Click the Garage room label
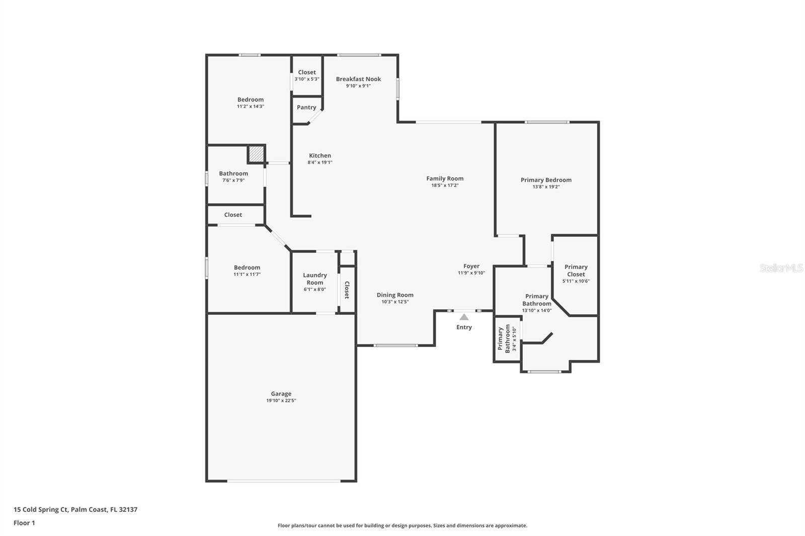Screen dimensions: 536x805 click(x=281, y=394)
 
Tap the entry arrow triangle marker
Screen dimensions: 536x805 click(x=464, y=317)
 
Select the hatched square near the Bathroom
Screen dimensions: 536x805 click(x=256, y=154)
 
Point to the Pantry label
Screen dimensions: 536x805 click(x=306, y=107)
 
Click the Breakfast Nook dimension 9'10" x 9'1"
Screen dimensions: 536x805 click(x=358, y=86)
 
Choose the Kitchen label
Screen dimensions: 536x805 click(x=320, y=155)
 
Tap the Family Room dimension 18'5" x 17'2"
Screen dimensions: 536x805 click(x=445, y=186)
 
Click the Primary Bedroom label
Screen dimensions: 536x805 click(x=546, y=180)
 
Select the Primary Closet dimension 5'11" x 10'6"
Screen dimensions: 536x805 click(x=576, y=281)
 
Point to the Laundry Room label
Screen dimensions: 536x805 click(x=315, y=279)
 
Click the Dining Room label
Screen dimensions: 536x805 click(x=395, y=295)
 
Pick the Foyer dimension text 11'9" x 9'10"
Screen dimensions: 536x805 click(x=471, y=273)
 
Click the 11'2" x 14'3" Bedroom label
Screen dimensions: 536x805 click(x=251, y=100)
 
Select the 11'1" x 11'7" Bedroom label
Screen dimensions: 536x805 click(x=247, y=267)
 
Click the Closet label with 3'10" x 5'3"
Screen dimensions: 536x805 click(x=307, y=72)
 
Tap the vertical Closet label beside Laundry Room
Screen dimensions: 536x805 click(x=347, y=290)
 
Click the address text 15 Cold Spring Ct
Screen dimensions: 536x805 click(x=41, y=509)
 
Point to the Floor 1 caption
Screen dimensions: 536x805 click(x=24, y=523)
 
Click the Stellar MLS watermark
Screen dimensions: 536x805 click(x=781, y=268)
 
